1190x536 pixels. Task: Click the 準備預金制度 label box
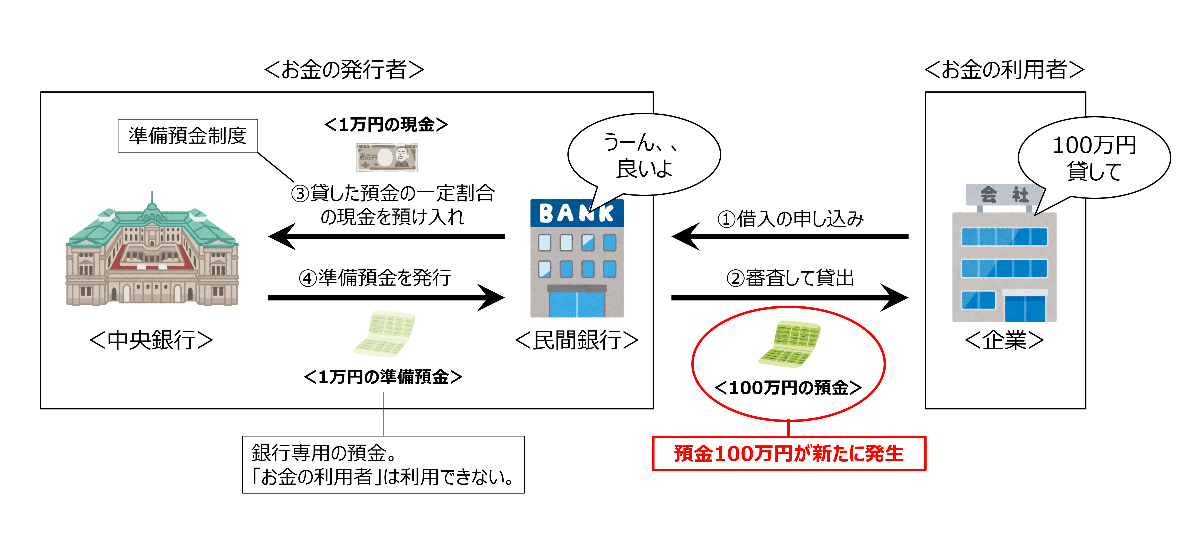[187, 136]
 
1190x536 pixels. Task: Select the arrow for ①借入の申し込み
[790, 237]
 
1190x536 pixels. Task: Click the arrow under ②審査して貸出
[790, 297]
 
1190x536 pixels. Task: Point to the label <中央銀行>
[151, 340]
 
